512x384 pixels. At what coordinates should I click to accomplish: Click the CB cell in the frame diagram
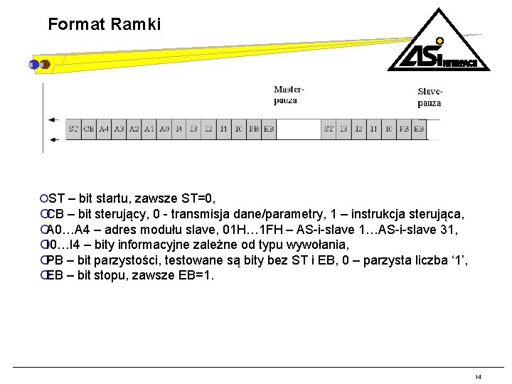(89, 129)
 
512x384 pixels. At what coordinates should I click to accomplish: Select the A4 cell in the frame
(104, 129)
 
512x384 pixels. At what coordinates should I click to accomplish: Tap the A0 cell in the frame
(164, 129)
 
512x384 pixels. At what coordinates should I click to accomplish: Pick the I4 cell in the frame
(179, 129)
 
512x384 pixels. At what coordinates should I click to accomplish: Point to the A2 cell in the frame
(134, 129)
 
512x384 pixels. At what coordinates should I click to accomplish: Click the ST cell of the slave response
(329, 129)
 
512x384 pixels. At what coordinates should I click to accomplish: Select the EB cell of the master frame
(268, 129)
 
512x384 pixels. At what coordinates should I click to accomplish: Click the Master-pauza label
(289, 95)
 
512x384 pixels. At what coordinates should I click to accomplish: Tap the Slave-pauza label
(430, 97)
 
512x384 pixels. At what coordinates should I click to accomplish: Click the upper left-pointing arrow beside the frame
(53, 122)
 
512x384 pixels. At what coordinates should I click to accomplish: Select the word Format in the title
(76, 24)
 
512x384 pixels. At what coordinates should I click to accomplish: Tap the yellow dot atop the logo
(439, 41)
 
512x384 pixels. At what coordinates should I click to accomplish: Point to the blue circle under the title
(33, 64)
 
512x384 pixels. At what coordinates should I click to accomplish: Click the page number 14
(478, 376)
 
